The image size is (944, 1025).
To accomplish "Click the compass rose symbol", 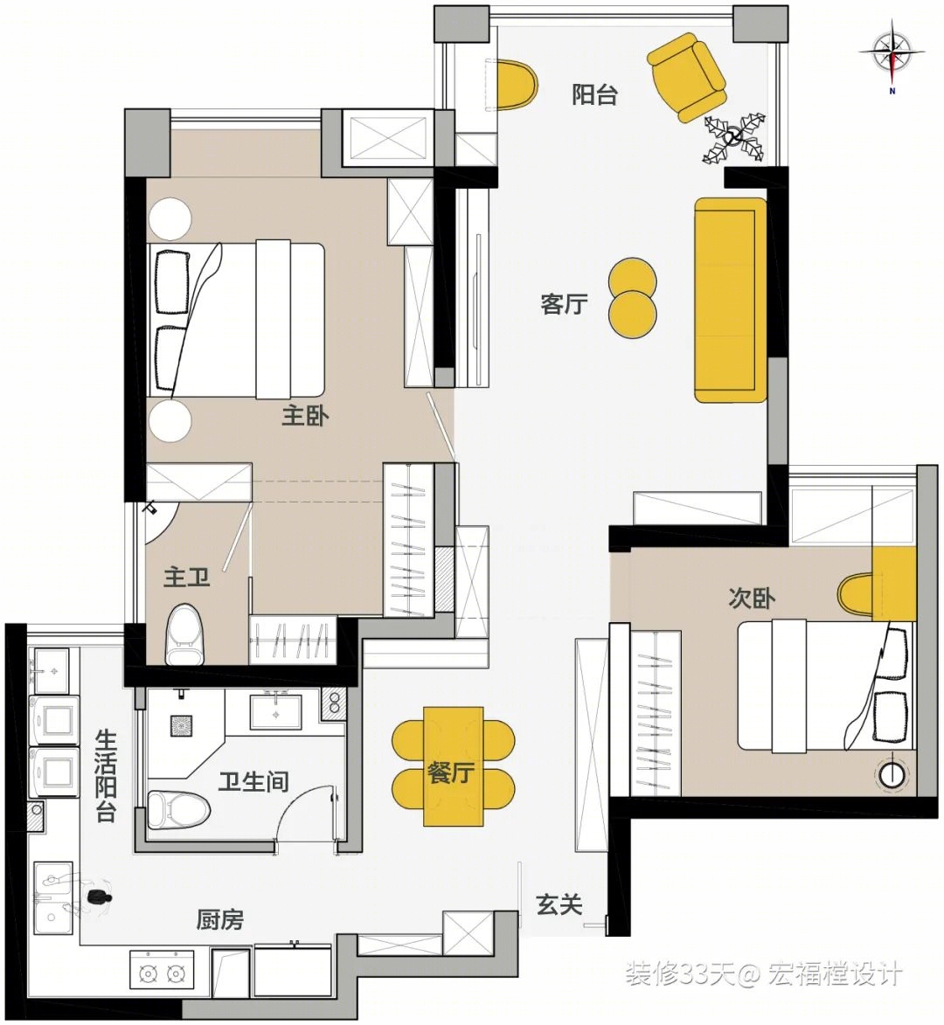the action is (892, 52).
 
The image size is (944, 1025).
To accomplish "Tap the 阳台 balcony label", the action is (594, 94).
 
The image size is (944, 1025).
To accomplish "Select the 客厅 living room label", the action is (564, 304).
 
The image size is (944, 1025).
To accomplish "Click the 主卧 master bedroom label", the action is (305, 416).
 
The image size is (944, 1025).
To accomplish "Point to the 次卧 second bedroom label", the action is (752, 598).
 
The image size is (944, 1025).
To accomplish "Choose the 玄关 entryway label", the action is (559, 904).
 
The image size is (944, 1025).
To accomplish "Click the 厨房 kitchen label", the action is (219, 920).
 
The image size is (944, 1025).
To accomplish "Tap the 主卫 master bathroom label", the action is (187, 578).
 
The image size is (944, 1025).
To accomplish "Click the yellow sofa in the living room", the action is (730, 300).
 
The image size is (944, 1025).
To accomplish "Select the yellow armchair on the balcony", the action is (687, 78).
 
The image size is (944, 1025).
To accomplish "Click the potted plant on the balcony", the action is (734, 137).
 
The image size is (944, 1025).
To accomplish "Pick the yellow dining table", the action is (453, 766).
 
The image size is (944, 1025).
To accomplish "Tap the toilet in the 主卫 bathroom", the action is (183, 634).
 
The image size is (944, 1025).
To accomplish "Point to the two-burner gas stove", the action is (162, 974).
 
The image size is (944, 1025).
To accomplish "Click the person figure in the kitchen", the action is (98, 897).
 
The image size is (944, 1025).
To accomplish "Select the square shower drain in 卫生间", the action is (181, 725).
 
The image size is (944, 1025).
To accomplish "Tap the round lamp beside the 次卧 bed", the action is (891, 774).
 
